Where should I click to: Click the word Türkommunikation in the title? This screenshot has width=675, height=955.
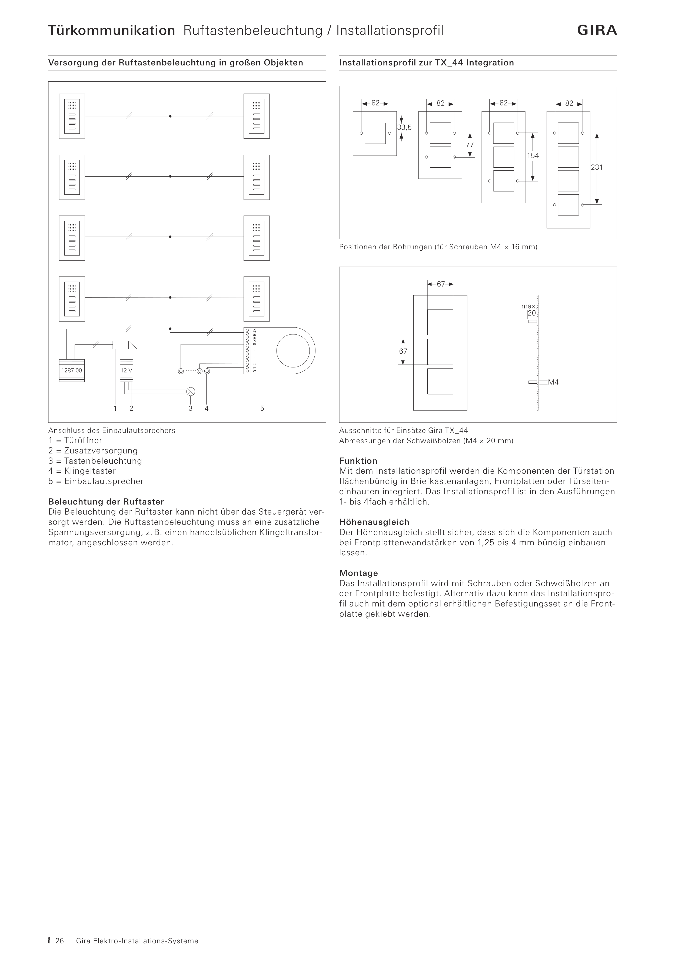(x=111, y=30)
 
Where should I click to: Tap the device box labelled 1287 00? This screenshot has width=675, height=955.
(x=72, y=370)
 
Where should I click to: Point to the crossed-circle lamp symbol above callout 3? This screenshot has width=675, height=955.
(x=191, y=391)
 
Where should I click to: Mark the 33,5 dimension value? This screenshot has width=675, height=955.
(x=404, y=127)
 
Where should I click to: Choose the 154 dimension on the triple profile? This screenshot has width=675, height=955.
(x=533, y=155)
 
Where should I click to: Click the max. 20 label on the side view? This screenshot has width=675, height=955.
(x=529, y=310)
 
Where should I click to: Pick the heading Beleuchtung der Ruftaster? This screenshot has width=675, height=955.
(x=106, y=502)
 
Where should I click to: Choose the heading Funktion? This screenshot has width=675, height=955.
(x=358, y=461)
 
